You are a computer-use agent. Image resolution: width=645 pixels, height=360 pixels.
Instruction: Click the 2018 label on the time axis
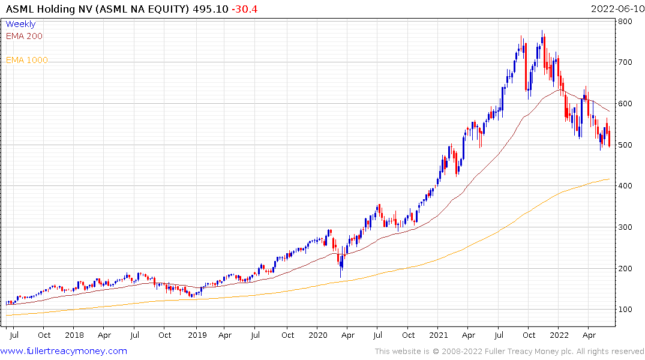click(x=74, y=335)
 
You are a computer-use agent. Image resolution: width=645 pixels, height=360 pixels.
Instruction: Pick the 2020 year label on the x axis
click(x=317, y=335)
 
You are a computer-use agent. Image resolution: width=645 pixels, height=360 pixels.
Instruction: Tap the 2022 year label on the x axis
click(x=559, y=335)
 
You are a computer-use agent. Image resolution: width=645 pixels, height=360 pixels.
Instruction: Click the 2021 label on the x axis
click(x=439, y=335)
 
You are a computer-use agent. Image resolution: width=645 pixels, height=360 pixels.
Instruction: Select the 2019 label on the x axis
click(x=197, y=335)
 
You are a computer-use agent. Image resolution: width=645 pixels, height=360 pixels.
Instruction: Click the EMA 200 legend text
click(x=24, y=36)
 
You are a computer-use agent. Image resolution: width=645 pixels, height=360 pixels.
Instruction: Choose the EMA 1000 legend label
click(x=27, y=60)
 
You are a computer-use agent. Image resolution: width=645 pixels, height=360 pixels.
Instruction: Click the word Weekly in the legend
click(x=20, y=24)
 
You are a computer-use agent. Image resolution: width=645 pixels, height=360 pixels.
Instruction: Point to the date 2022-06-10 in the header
click(x=616, y=8)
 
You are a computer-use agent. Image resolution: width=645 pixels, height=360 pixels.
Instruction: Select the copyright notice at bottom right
click(x=509, y=352)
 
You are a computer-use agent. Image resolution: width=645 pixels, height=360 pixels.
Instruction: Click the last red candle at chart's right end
click(x=609, y=139)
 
